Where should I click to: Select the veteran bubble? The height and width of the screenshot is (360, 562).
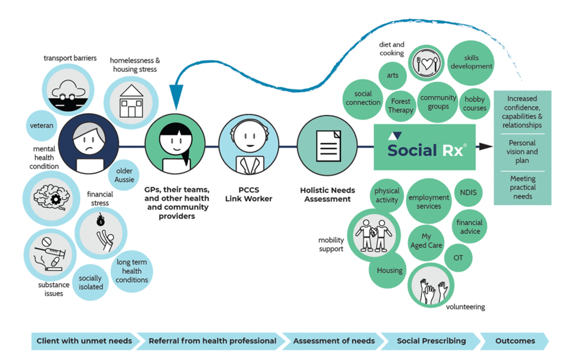[x=41, y=126]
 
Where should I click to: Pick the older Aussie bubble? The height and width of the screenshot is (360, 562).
[x=125, y=175]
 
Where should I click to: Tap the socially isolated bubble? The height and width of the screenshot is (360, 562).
[x=91, y=282]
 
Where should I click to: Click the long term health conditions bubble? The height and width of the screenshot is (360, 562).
[x=132, y=271]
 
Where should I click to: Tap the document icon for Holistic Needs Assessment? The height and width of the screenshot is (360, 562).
[x=327, y=144]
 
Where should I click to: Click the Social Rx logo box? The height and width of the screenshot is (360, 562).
[x=424, y=147]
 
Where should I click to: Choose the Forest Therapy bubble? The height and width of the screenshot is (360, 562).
[x=400, y=106]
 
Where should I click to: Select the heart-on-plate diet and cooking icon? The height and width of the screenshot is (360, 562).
[x=426, y=63]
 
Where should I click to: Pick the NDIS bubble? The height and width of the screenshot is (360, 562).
[x=469, y=193]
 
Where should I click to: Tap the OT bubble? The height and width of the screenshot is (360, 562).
[x=458, y=258]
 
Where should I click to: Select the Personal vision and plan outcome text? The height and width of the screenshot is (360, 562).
[x=522, y=152]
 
